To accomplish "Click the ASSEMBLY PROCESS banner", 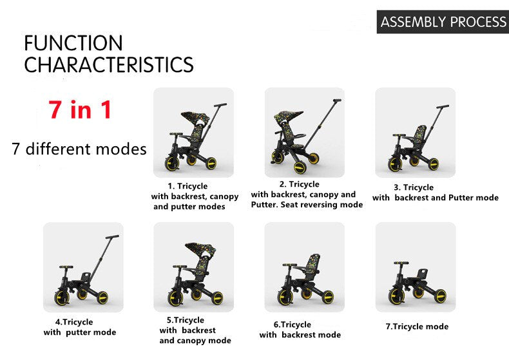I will click(x=443, y=22).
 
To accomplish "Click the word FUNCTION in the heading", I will click(x=73, y=43).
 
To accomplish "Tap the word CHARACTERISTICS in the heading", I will click(x=108, y=65).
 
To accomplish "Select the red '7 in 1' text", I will click(x=80, y=109).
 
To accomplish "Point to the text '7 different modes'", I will click(x=79, y=149).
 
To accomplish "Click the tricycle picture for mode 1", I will click(x=193, y=133).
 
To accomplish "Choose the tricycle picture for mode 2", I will click(x=304, y=133).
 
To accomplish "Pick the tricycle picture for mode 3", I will click(x=415, y=133).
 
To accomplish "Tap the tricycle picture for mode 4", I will click(x=82, y=267).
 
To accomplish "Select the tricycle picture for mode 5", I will click(x=193, y=267).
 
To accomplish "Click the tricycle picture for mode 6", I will click(x=304, y=267).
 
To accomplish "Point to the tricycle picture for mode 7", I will click(x=415, y=267).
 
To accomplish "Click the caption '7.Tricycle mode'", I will click(x=417, y=327).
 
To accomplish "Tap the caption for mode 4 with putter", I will click(x=79, y=327).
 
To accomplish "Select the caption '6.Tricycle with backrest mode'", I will click(x=300, y=330).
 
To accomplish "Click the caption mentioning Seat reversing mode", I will click(x=306, y=194).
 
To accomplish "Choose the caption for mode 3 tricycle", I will click(x=435, y=193).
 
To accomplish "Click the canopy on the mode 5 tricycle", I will click(x=200, y=248).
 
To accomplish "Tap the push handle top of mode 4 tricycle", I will click(x=112, y=237).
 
